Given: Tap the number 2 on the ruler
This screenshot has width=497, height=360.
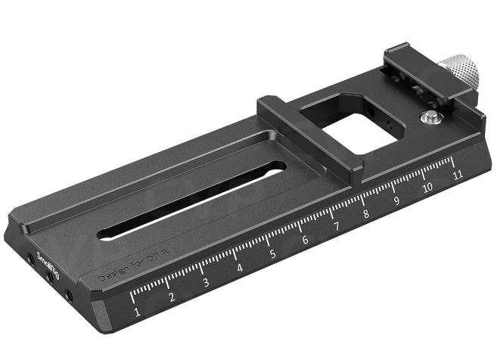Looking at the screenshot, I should pos(171,298).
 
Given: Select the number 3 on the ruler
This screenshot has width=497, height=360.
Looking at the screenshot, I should pos(205,284).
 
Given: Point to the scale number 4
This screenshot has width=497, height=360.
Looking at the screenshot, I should pos(239,268).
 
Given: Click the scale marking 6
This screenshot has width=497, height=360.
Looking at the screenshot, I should pos(305,241).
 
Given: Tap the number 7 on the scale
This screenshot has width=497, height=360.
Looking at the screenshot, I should pos(335,228).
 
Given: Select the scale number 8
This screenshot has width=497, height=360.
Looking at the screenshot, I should pos(366,215).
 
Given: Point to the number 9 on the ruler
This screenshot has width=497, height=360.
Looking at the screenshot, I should pos(396,202).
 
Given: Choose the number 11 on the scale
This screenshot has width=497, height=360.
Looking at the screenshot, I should pos(456,175).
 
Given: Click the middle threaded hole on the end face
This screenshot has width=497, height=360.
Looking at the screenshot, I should pos(50,278).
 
